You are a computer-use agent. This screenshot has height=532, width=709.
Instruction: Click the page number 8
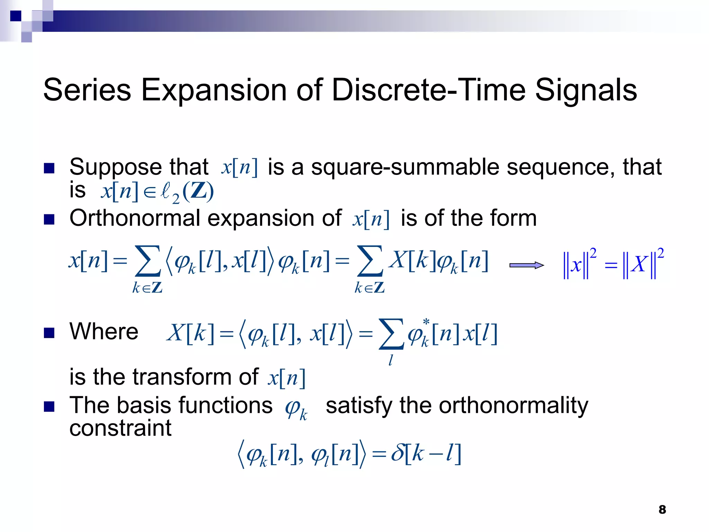pos(662,509)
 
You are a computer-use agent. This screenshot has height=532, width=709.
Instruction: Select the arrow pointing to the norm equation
pos(526,265)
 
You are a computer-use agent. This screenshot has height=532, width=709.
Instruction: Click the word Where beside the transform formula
pos(104,331)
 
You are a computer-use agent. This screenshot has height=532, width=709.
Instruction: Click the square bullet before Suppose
pos(50,168)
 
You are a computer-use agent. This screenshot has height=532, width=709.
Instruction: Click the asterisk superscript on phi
pos(427,322)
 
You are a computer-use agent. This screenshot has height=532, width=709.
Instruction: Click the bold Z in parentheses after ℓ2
pos(198,191)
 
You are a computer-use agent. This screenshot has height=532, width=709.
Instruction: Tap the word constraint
pos(120,428)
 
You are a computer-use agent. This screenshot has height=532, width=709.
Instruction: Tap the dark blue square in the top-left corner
pos(16,16)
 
